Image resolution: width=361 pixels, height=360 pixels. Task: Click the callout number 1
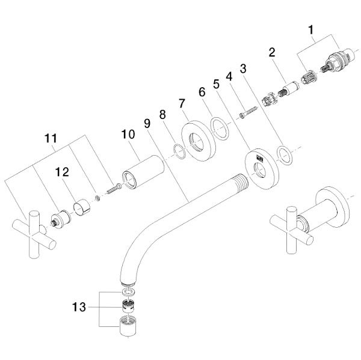pos(311,30)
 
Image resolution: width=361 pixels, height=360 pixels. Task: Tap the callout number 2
pos(272,52)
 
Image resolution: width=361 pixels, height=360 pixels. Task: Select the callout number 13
pos(79,307)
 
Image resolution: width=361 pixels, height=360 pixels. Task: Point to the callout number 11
pos(51,138)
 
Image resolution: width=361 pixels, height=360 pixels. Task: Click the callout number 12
pos(62,172)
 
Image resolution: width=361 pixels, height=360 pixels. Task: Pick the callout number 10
pos(128,134)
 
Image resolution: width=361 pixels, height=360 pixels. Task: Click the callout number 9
pos(147,124)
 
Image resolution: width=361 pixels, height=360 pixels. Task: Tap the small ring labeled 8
pos(179,151)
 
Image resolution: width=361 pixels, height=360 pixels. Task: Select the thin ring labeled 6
pos(220,129)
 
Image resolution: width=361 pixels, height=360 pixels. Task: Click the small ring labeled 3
pos(285,155)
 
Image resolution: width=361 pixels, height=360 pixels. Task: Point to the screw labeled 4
pos(248,112)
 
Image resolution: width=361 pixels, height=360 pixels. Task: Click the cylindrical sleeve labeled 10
pos(143,172)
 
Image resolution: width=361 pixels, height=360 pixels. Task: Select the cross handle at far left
pos(34,234)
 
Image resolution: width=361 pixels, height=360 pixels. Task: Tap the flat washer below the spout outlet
pos(128,292)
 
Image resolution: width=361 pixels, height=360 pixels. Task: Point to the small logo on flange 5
pos(260,158)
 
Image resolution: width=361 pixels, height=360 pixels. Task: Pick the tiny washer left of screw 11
pos(97,198)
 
